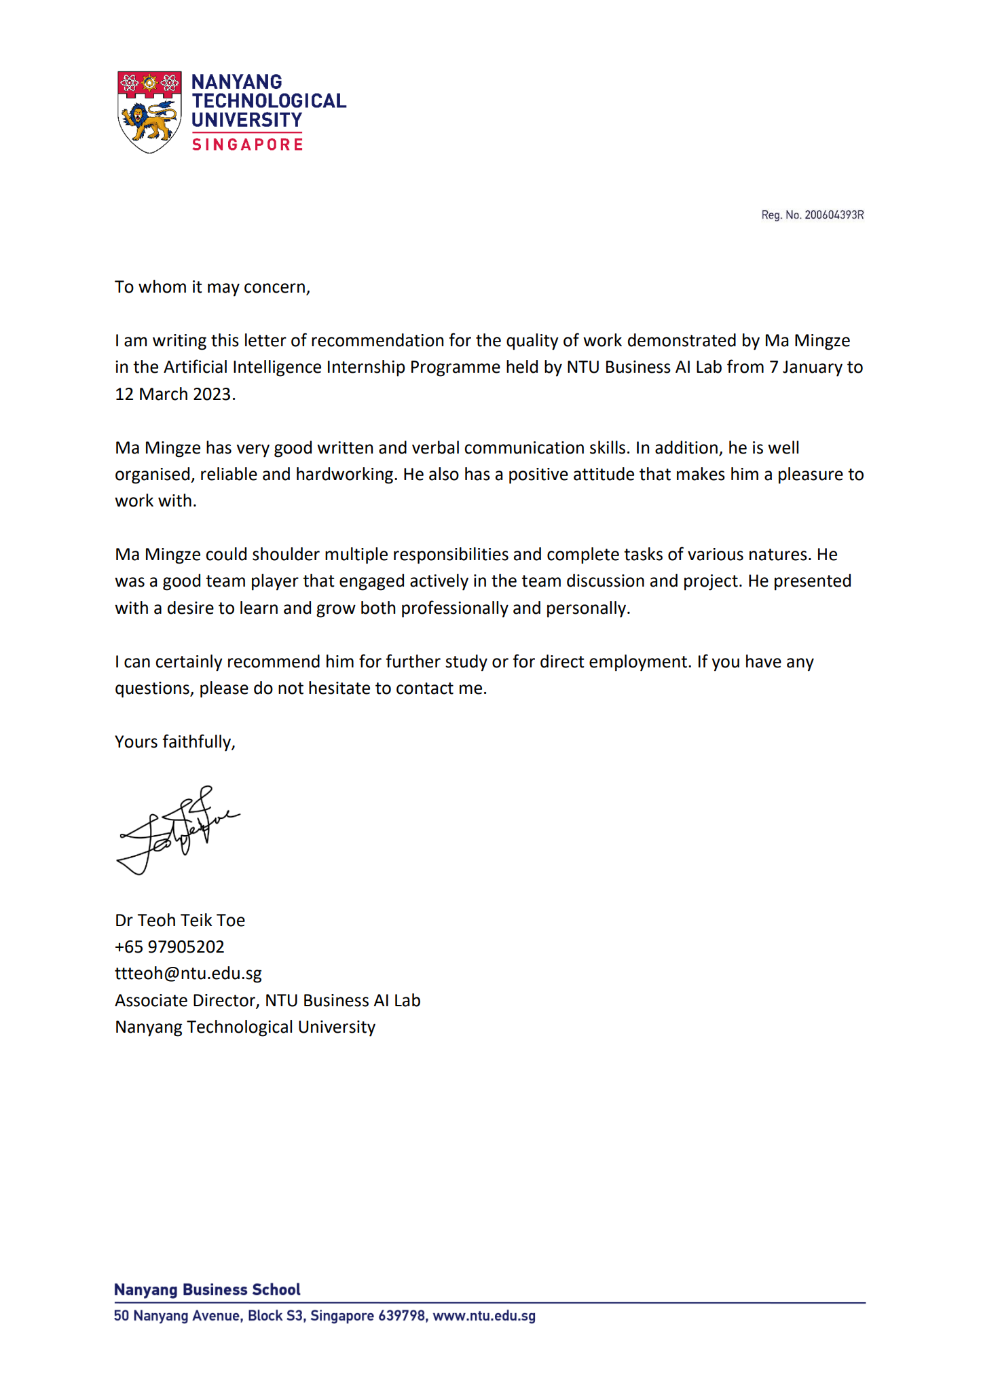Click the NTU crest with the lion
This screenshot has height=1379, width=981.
(149, 112)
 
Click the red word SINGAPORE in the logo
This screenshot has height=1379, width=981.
(247, 145)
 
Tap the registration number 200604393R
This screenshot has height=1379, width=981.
(834, 215)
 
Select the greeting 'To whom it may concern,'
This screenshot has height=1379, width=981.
(212, 287)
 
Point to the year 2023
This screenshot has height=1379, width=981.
(212, 394)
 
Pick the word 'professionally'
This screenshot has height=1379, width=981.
(454, 608)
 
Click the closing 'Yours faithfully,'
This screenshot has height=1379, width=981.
(174, 741)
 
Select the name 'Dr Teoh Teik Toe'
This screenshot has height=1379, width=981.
(180, 920)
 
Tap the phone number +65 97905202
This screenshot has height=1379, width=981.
(169, 946)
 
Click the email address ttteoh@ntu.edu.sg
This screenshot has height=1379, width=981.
(188, 973)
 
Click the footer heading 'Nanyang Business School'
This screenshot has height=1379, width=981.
(207, 1289)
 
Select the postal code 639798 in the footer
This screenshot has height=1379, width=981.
(401, 1316)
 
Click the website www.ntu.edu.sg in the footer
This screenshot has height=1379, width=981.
(484, 1316)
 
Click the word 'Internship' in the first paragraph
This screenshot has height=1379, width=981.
(366, 367)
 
